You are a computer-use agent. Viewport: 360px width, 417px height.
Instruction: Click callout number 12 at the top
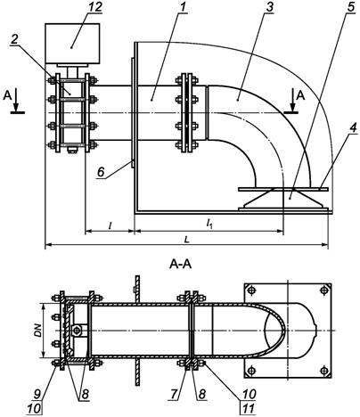94,7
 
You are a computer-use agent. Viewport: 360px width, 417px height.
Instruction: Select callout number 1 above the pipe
183,7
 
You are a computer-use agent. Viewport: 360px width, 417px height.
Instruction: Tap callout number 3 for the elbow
269,7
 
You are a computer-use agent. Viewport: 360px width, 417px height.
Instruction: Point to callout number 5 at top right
351,7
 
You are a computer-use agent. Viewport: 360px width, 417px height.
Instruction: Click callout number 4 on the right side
352,128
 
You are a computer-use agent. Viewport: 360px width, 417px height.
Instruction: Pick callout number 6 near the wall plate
102,172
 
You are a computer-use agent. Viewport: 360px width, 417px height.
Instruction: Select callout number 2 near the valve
14,40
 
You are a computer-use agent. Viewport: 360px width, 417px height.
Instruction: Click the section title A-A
180,264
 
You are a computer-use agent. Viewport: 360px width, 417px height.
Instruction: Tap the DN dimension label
38,330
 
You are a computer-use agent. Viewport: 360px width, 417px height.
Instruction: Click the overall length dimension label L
186,240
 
